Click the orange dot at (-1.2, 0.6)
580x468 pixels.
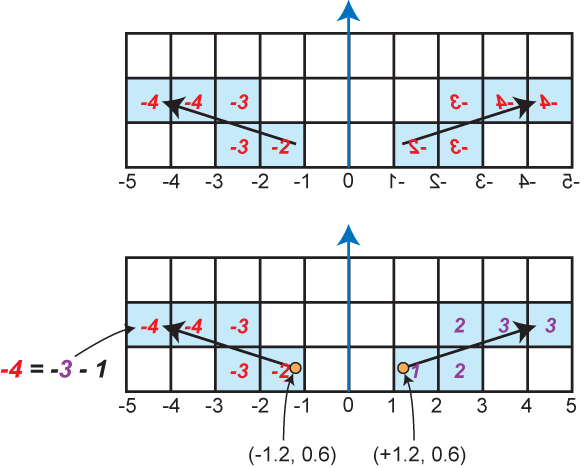(x=295, y=368)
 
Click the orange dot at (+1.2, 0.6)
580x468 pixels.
(x=403, y=368)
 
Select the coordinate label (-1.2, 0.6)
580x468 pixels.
(x=293, y=454)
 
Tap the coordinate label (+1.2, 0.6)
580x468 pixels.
(x=419, y=454)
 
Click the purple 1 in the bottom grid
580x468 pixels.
(x=416, y=371)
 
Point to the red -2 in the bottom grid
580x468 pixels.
(x=280, y=371)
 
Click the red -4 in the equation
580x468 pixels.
(x=11, y=370)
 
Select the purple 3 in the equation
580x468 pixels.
(x=65, y=370)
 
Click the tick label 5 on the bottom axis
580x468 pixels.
(x=571, y=406)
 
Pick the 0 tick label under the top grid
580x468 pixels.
(x=348, y=181)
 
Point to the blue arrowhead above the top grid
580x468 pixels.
(x=348, y=10)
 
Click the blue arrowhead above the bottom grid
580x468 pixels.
(x=348, y=235)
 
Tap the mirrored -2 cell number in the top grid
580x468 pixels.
(x=418, y=148)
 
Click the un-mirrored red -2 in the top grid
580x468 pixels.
(x=280, y=148)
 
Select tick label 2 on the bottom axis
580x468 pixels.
(x=436, y=406)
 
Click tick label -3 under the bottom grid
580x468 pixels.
(x=214, y=406)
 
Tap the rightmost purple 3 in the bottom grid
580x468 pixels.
(x=551, y=326)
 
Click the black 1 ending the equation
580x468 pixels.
(x=100, y=370)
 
